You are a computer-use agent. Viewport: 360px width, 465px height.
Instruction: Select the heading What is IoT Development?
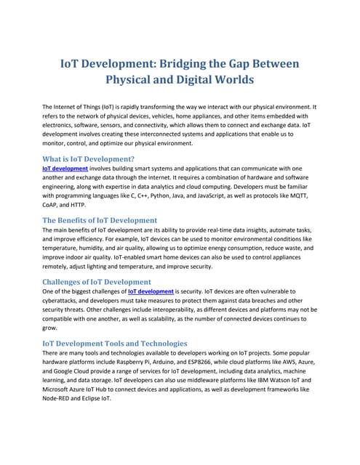(x=88, y=158)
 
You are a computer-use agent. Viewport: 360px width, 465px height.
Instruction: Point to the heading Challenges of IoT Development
(x=97, y=281)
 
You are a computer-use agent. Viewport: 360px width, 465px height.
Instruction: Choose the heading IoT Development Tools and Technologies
(x=115, y=343)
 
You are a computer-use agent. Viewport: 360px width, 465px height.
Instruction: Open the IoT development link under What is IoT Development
(x=65, y=168)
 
